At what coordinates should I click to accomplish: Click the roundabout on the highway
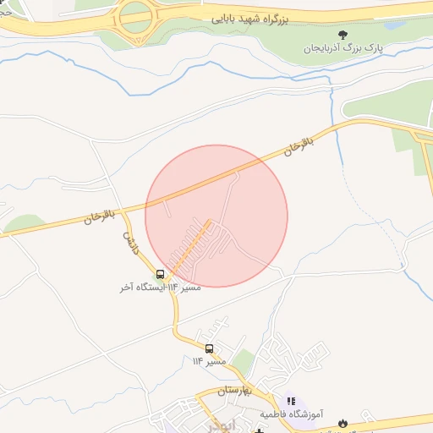pyautogui.click(x=136, y=18)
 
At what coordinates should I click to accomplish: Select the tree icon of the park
pyautogui.click(x=342, y=35)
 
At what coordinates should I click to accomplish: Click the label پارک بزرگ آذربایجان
pyautogui.click(x=344, y=48)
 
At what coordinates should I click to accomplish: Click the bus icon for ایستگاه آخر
pyautogui.click(x=161, y=274)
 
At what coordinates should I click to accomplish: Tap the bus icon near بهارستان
pyautogui.click(x=209, y=348)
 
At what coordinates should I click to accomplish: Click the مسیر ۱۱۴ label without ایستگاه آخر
pyautogui.click(x=209, y=362)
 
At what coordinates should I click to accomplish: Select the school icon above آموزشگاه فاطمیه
pyautogui.click(x=291, y=401)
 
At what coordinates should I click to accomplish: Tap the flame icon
pyautogui.click(x=343, y=422)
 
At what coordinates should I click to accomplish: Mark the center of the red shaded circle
pyautogui.click(x=216, y=216)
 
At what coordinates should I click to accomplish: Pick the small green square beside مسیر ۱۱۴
pyautogui.click(x=244, y=362)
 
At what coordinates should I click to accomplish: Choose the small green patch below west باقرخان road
pyautogui.click(x=25, y=223)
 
